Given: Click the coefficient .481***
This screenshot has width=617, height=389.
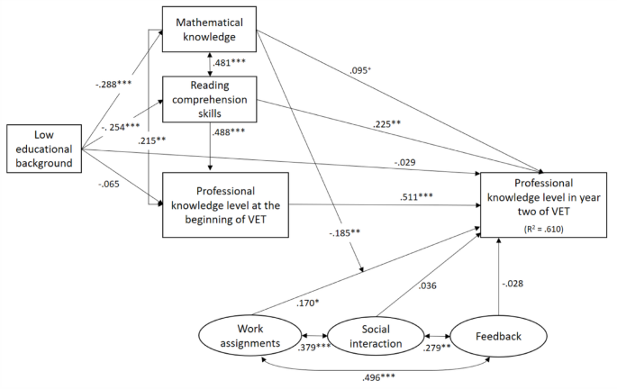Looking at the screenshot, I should [x=231, y=65].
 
